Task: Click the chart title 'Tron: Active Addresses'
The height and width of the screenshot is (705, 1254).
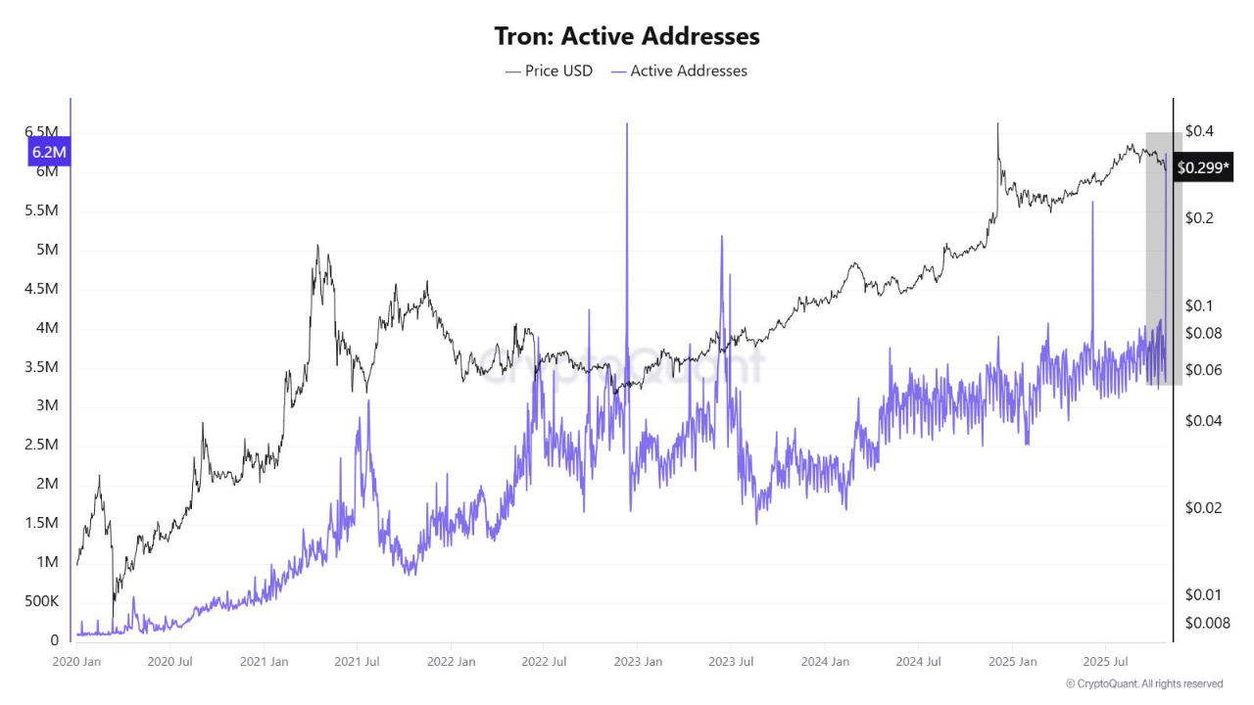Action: (627, 36)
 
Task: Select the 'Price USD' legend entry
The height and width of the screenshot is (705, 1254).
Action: (549, 70)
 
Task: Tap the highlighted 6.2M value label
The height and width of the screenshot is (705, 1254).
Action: (49, 152)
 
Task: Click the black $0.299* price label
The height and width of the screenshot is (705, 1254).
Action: (1201, 167)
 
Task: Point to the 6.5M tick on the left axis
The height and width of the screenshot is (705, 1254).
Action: (40, 131)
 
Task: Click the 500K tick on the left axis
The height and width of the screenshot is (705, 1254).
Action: (40, 600)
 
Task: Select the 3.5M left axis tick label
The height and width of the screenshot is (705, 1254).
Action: (40, 366)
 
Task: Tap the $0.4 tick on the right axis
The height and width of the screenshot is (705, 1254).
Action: (1199, 130)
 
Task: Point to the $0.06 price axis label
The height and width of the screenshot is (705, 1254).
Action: (1203, 369)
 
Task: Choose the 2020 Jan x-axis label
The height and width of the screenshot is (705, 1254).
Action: (75, 661)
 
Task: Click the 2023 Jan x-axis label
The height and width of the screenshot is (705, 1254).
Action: (637, 661)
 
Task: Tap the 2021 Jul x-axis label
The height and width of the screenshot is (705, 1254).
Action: (358, 661)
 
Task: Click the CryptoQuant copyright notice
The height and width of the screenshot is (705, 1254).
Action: (1144, 683)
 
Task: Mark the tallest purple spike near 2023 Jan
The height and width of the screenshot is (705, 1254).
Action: (626, 125)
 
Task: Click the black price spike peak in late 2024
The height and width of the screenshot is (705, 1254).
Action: (997, 124)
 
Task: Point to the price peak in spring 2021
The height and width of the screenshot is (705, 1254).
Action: (316, 247)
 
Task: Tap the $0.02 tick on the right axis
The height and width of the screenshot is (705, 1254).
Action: (1203, 507)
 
